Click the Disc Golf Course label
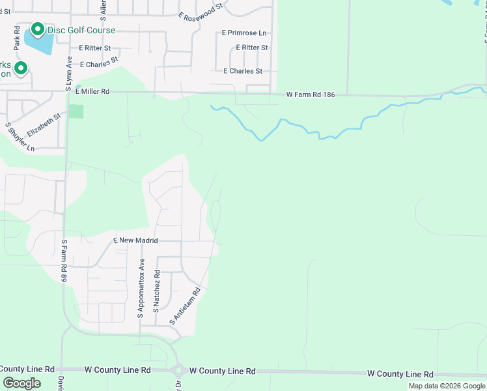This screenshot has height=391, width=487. (81, 31)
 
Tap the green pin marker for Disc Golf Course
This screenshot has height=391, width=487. (37, 29)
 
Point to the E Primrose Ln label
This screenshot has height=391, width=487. (244, 33)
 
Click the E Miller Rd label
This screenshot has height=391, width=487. (92, 93)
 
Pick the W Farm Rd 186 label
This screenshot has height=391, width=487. (311, 95)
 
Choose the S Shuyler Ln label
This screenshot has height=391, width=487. (20, 137)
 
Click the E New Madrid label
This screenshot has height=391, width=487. (135, 240)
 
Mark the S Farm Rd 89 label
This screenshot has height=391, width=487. (64, 261)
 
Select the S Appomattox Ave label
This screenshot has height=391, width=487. (140, 289)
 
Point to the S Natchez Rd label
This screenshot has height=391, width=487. (156, 292)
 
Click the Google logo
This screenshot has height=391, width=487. (21, 383)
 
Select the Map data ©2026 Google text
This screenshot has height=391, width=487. (447, 386)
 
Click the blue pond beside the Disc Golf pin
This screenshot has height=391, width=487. (41, 42)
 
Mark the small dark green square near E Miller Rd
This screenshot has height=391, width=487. (76, 111)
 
